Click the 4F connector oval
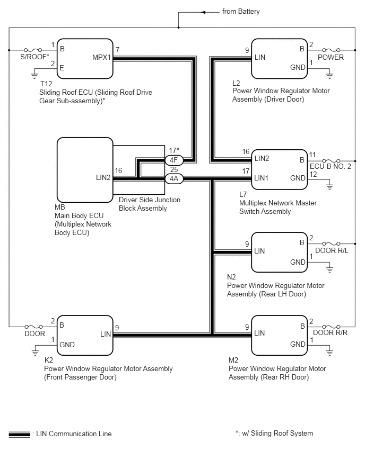click(174, 160)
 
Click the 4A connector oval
click(174, 179)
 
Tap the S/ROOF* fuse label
click(34, 57)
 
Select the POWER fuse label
click(331, 58)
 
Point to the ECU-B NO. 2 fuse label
click(331, 167)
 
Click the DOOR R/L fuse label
click(332, 250)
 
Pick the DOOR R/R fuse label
click(330, 333)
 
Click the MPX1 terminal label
click(101, 58)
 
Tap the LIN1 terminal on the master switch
click(261, 178)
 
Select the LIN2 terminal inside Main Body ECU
click(103, 177)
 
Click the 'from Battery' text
click(241, 12)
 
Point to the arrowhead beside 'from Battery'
click(203, 12)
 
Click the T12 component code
click(46, 84)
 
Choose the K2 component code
click(49, 360)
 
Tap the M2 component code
click(233, 360)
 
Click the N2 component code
click(231, 277)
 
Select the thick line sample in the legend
click(19, 434)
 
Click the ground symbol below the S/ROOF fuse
click(34, 76)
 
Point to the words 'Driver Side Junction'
click(150, 200)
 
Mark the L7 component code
click(243, 194)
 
